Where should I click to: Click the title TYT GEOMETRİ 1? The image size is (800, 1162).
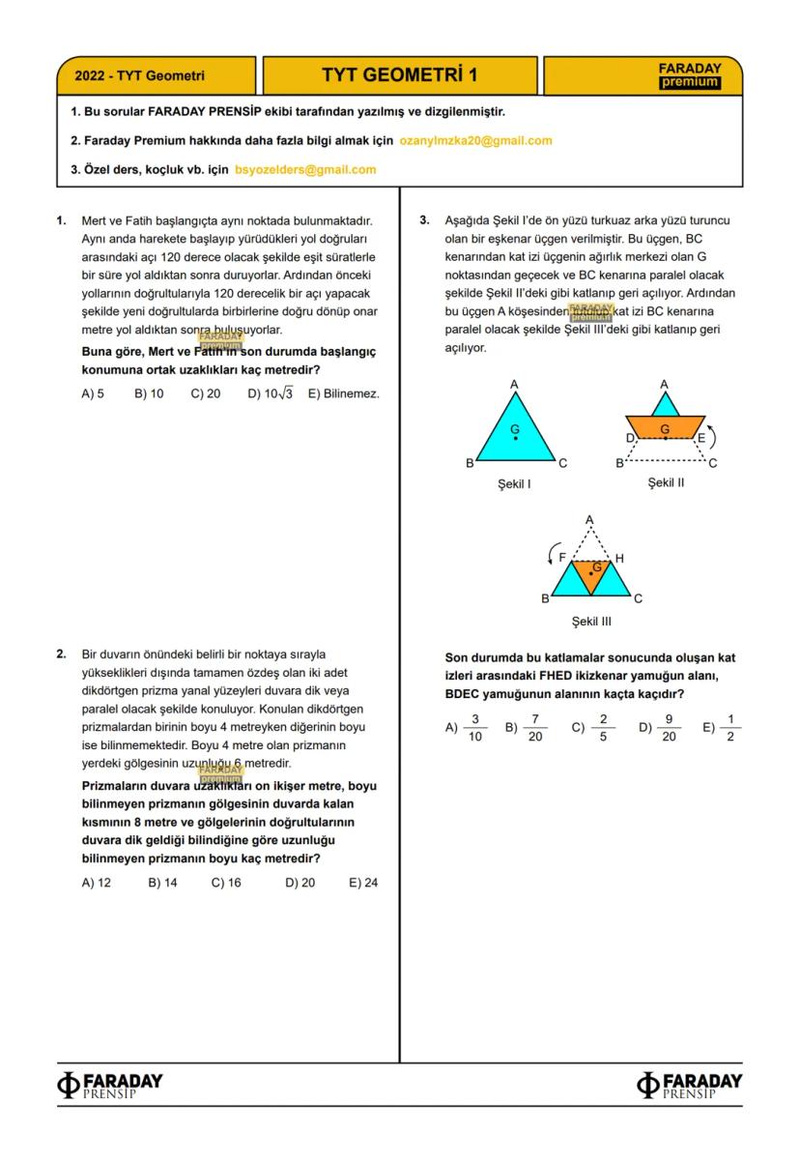(400, 75)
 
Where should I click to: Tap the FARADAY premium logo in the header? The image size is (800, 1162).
(689, 75)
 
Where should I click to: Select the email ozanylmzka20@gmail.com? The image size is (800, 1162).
(475, 140)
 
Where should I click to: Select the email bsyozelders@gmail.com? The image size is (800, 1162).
(305, 169)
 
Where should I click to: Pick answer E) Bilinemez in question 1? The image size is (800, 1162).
(343, 393)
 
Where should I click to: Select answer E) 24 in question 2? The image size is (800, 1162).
(363, 883)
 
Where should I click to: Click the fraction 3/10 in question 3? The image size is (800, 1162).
(474, 728)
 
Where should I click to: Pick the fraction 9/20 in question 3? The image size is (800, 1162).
(668, 728)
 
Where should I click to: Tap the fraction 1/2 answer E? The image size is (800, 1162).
(730, 728)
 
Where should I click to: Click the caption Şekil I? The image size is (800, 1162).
(514, 483)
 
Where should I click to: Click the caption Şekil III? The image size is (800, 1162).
(591, 622)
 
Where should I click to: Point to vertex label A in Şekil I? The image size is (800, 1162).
(514, 384)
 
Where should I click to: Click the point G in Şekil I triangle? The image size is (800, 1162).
(515, 438)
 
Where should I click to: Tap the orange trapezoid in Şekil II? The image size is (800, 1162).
(665, 426)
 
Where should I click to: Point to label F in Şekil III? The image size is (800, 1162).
(562, 558)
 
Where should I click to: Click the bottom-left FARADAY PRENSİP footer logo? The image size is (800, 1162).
(110, 1085)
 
